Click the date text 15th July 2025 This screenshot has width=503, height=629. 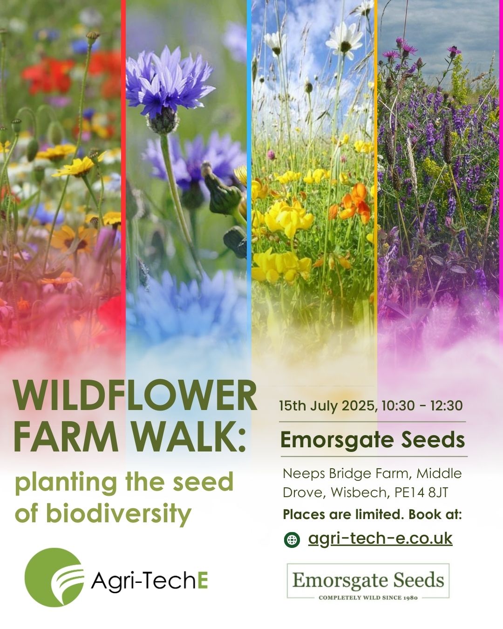[327, 406]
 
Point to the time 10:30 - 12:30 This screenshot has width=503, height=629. [422, 406]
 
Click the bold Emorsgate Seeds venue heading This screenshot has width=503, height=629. [373, 440]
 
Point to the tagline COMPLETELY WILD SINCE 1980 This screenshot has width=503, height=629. [368, 597]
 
